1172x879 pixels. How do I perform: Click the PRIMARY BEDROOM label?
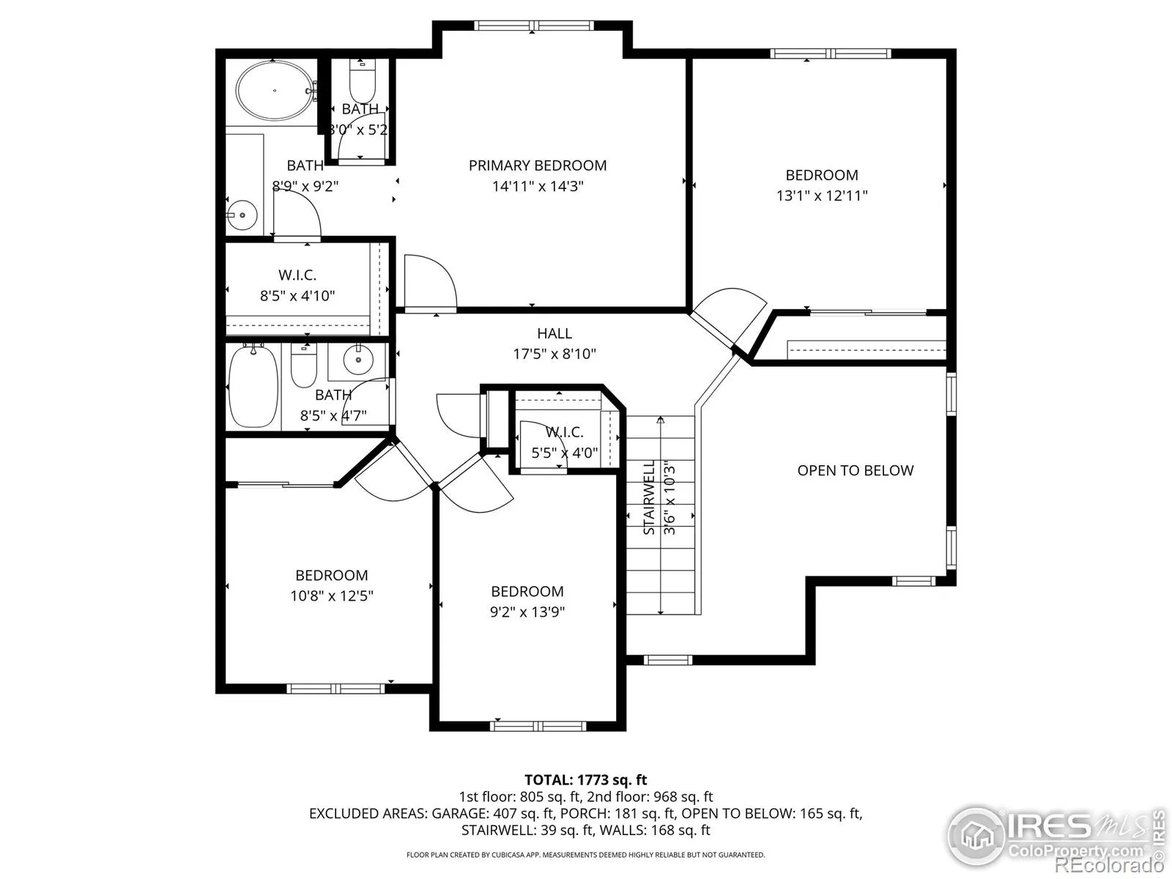[538, 166]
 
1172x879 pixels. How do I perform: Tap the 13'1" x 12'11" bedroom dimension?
[822, 196]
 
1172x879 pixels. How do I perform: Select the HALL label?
[555, 333]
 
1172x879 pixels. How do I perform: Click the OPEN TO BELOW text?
[856, 471]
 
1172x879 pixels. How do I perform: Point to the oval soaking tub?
[275, 91]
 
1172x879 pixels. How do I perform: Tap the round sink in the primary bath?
[242, 215]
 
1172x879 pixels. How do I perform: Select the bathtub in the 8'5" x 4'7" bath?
[253, 386]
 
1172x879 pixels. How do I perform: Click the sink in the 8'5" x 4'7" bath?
[358, 360]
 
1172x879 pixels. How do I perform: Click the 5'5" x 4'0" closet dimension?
[564, 453]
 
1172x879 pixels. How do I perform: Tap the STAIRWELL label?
[649, 497]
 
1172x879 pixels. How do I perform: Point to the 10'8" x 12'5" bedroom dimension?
[332, 596]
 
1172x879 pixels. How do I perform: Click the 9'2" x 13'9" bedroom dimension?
[527, 612]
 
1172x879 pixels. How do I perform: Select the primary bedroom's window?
[534, 26]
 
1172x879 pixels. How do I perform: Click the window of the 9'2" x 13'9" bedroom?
[538, 726]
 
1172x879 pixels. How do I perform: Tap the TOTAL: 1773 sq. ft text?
[586, 780]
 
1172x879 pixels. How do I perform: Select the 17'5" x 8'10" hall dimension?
[555, 355]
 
